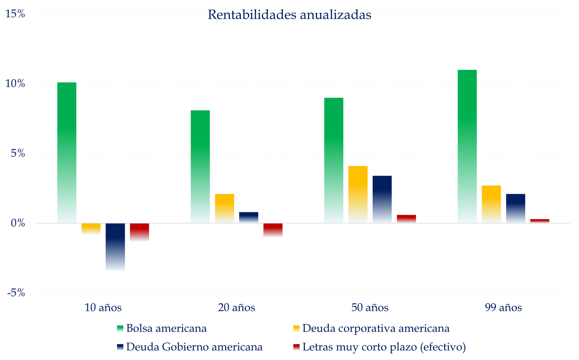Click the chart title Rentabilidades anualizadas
point(289,15)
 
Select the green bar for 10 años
point(67,153)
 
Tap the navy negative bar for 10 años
point(115,247)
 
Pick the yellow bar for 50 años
point(358,194)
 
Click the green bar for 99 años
point(467,146)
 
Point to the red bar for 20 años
point(273,230)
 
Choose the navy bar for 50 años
point(382,199)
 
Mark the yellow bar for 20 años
point(224,208)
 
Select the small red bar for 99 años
point(540,221)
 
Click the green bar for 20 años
point(200,166)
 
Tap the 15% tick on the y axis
point(15,14)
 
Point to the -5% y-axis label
point(15,293)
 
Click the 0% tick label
point(18,223)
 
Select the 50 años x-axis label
point(370,308)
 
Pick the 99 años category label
point(503,308)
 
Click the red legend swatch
point(296,347)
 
